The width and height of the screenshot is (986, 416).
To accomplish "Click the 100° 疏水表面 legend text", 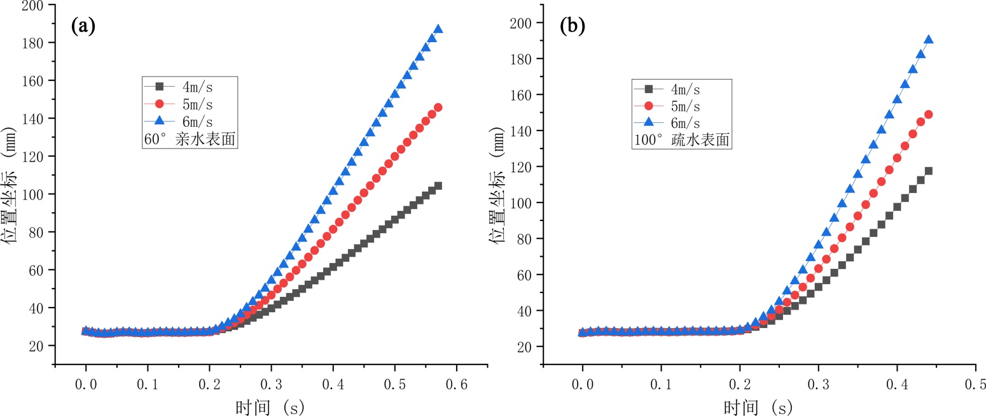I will point(682,140).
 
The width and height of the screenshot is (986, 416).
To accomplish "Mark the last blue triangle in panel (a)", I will point(438,29).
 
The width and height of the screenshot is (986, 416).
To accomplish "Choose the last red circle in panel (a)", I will point(438,108).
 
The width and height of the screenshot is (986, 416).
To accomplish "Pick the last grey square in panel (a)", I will point(438,186).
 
